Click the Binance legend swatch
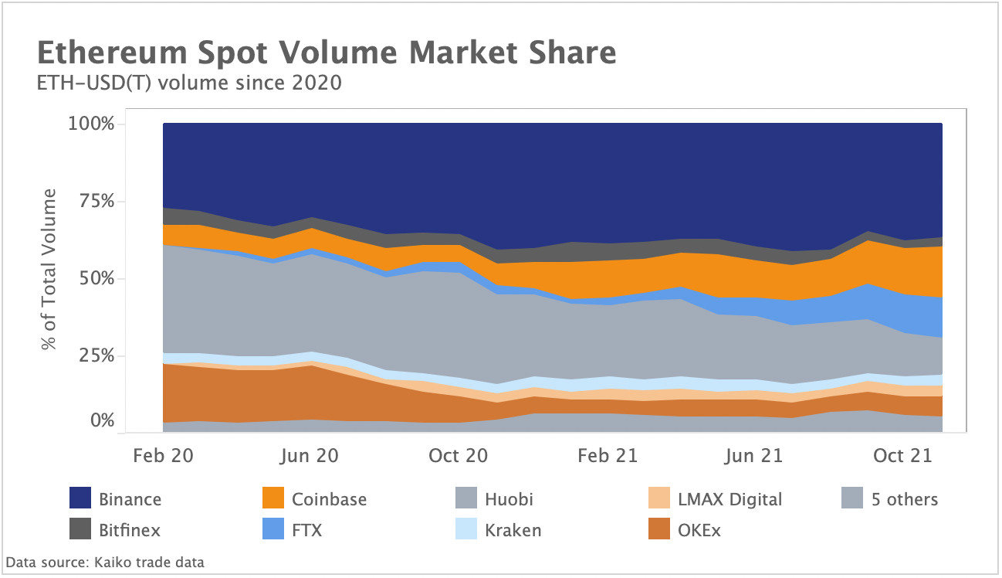(x=81, y=498)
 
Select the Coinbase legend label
(x=329, y=498)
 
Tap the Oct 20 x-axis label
(x=459, y=455)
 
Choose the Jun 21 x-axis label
(x=754, y=455)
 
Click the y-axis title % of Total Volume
(x=50, y=269)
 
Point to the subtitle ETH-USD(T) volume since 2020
(x=189, y=83)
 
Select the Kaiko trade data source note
(x=105, y=562)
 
